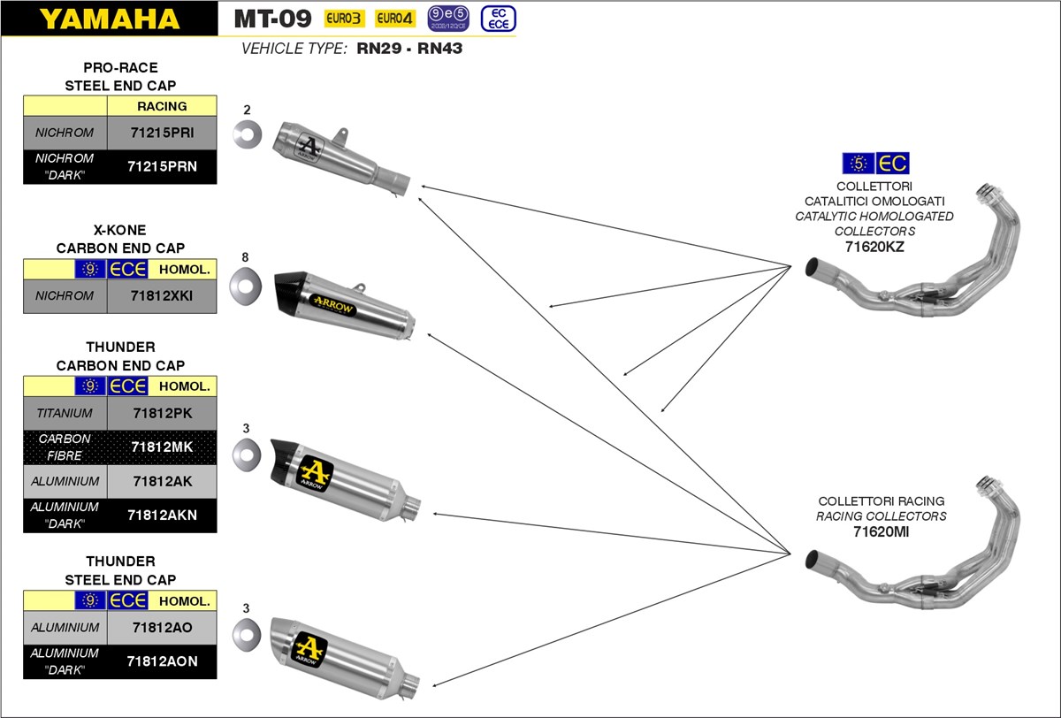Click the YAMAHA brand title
pyautogui.click(x=110, y=19)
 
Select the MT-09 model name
pyautogui.click(x=272, y=19)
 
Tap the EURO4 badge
pyautogui.click(x=395, y=19)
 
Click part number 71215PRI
pyautogui.click(x=161, y=133)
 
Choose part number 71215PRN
pyautogui.click(x=161, y=166)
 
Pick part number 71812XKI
pyautogui.click(x=161, y=296)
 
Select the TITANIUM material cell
pyautogui.click(x=65, y=413)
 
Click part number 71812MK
pyautogui.click(x=161, y=447)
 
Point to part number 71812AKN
pyautogui.click(x=161, y=516)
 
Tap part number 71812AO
pyautogui.click(x=161, y=628)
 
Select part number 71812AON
pyautogui.click(x=161, y=661)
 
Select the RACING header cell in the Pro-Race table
pyautogui.click(x=162, y=106)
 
